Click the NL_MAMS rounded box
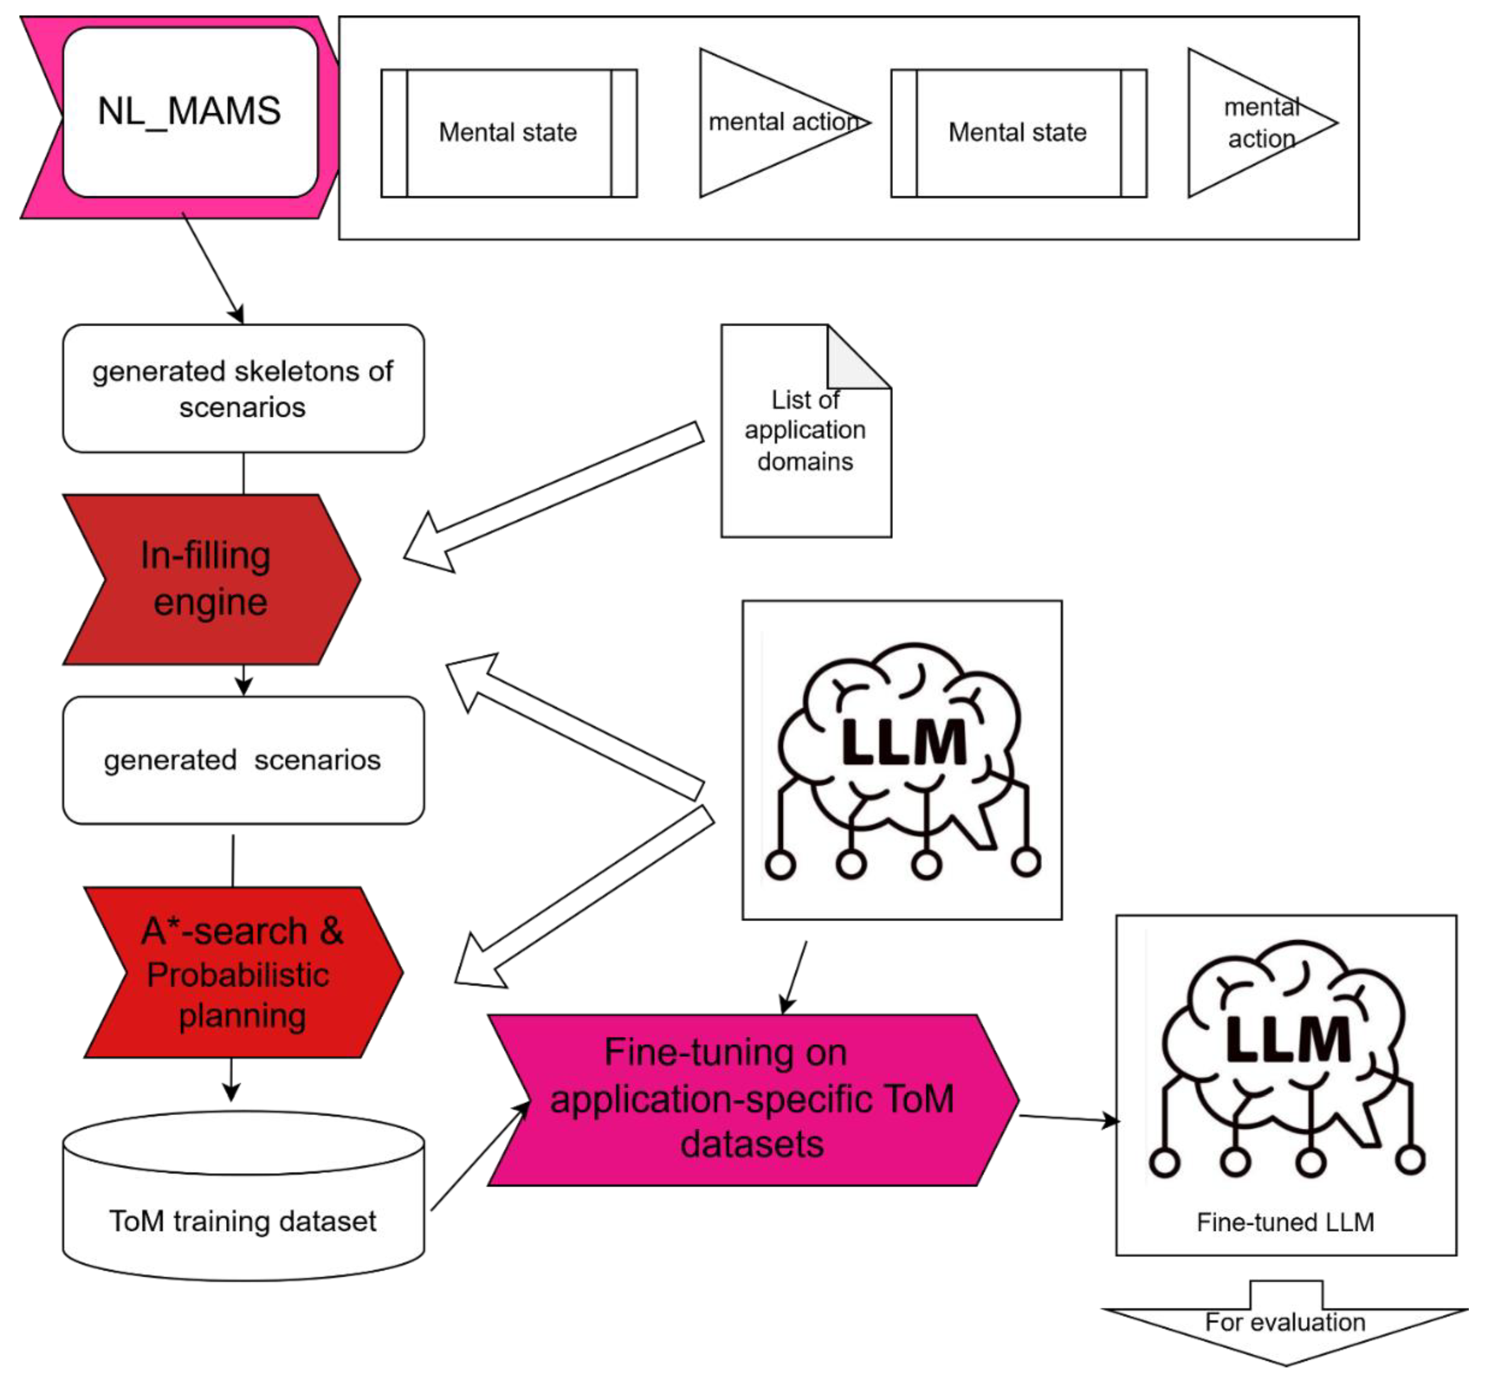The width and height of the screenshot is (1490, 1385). coord(190,112)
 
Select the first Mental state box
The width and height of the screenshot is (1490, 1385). coord(508,133)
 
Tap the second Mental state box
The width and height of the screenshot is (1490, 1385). coord(1018,133)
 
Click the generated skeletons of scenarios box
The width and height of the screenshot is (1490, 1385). coord(243,388)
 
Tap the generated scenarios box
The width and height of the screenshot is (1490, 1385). coord(243,760)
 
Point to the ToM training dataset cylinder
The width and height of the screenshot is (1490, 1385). coord(243,1199)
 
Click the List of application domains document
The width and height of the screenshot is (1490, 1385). coord(805,449)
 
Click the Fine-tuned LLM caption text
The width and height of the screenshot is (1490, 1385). coord(1285,1222)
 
